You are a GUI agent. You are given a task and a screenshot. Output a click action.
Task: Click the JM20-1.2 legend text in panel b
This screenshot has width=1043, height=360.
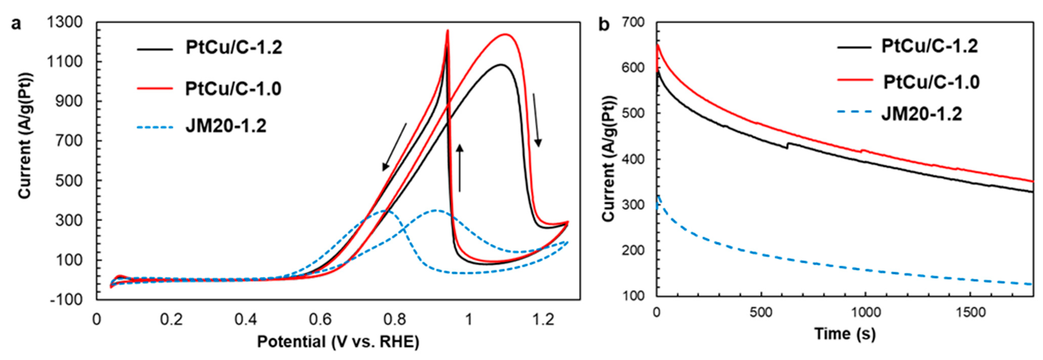point(921,114)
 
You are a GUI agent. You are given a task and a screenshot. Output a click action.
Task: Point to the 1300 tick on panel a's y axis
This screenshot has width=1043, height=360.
point(65,23)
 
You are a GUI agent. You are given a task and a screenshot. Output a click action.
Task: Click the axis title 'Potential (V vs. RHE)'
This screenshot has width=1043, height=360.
point(338,342)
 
